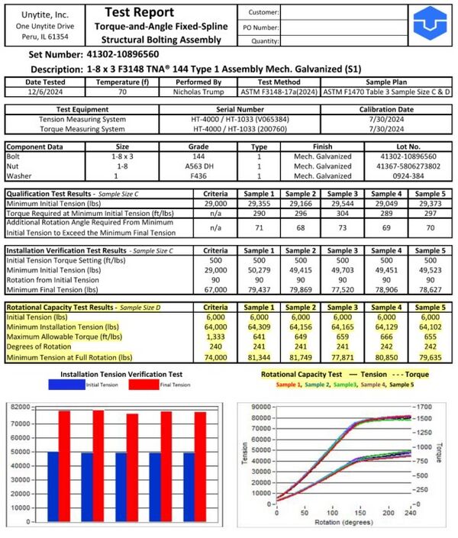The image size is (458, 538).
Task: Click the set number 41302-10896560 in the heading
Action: tap(122, 55)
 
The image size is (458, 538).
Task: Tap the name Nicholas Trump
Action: tap(195, 92)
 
